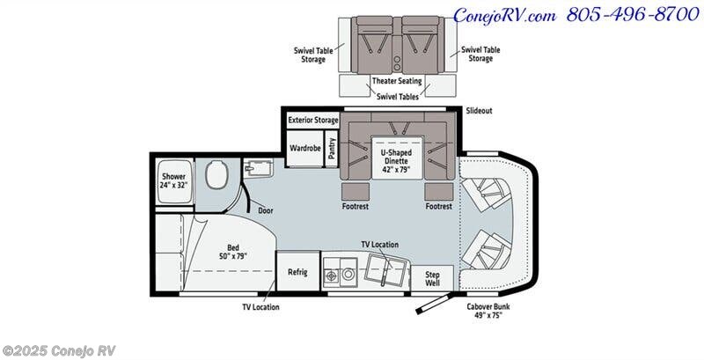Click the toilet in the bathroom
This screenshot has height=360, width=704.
tap(216, 174)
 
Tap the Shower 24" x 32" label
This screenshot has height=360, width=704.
tap(173, 180)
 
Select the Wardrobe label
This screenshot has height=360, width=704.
tap(304, 148)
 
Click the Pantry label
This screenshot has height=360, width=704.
tap(332, 148)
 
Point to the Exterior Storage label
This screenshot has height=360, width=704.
tap(313, 121)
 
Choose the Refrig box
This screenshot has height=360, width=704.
tap(297, 272)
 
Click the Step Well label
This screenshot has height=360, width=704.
tap(432, 279)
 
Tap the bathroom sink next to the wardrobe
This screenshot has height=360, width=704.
tap(258, 169)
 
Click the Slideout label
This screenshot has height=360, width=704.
tap(479, 110)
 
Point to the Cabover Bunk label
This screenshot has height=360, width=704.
tap(488, 311)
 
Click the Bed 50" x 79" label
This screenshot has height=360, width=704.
tap(233, 252)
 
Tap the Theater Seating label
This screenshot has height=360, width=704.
tap(397, 81)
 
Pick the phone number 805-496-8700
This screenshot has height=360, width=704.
tap(633, 15)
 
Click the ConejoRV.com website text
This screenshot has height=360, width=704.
tap(504, 16)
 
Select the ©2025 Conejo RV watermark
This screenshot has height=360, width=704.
tap(59, 350)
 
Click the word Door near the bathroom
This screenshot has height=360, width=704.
tap(266, 210)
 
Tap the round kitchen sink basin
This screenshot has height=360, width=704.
tap(348, 274)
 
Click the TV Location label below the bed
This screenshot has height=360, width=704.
tap(260, 307)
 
